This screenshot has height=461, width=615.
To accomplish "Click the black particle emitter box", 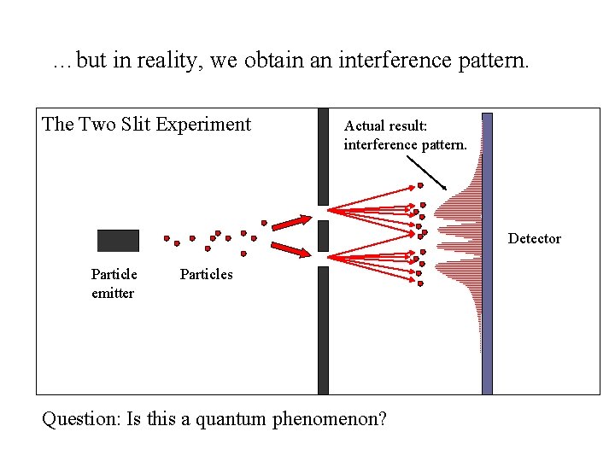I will click(118, 241).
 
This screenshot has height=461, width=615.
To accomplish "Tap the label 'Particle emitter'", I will click(114, 283).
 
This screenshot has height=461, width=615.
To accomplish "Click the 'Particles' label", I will click(206, 274).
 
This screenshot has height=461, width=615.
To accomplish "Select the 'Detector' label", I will click(535, 239).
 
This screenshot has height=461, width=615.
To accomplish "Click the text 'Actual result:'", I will click(385, 125).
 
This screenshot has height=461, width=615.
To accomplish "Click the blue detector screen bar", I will click(487, 254).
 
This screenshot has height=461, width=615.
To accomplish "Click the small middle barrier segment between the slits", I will click(323, 235).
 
